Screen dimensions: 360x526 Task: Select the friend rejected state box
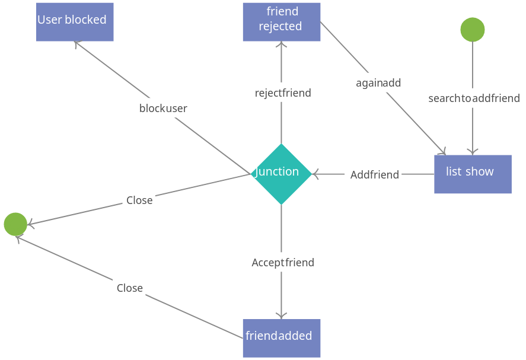281,22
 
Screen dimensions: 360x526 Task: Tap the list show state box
473,174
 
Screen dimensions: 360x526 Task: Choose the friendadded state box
281,338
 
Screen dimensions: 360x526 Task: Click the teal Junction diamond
281,173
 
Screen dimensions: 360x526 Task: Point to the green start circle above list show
472,30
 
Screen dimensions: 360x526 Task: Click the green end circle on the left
15,224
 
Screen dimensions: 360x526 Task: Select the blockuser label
163,108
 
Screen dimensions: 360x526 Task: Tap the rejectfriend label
283,93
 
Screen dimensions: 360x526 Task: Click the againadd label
378,83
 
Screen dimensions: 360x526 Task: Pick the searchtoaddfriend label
474,98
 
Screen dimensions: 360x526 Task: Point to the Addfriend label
374,175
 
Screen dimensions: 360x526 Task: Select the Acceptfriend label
283,263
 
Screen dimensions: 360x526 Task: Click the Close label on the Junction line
139,200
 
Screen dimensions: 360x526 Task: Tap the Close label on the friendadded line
130,288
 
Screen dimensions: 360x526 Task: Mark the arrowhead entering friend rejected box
281,45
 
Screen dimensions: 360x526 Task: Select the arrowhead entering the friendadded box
281,315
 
